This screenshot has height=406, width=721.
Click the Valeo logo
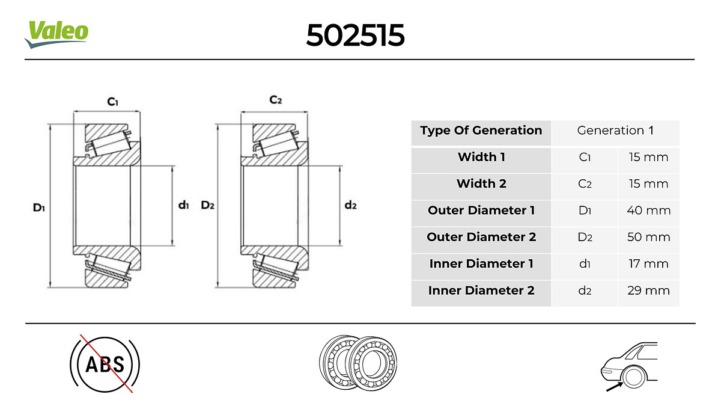[56, 34]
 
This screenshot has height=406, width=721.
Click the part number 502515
[355, 35]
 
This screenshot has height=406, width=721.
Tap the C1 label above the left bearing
[113, 102]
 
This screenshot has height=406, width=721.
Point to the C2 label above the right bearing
[276, 100]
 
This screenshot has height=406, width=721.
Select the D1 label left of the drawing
[38, 208]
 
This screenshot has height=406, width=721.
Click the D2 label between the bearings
[207, 205]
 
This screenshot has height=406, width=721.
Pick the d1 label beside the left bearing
[183, 205]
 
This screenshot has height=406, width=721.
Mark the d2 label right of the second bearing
[350, 205]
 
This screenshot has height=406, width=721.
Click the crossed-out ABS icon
[105, 364]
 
